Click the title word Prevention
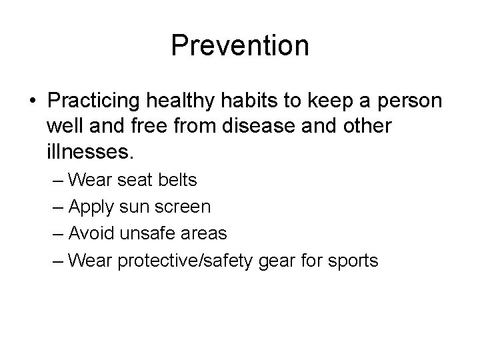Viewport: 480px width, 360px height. click(240, 45)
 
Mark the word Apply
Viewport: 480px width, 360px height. click(91, 207)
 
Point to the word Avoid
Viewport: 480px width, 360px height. click(91, 233)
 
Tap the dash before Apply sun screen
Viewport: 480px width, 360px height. click(58, 207)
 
